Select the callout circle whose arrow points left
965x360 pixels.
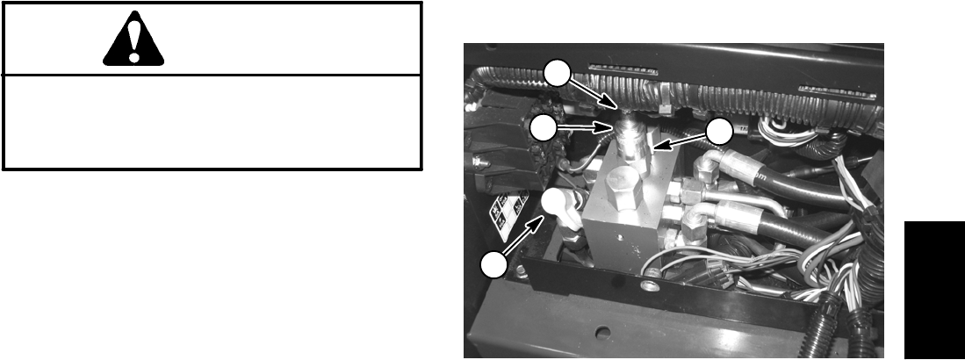point(718,132)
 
